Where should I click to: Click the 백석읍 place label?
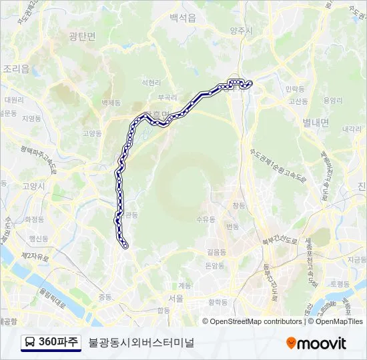click(x=182, y=18)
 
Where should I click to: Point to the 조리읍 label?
click(x=16, y=68)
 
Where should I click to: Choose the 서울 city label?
click(x=176, y=298)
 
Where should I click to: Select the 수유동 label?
click(x=206, y=219)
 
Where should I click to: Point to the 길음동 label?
click(x=216, y=252)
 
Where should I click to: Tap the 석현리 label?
click(x=151, y=83)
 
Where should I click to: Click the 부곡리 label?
click(x=158, y=97)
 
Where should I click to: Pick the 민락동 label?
click(x=294, y=88)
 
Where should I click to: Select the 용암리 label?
click(x=332, y=100)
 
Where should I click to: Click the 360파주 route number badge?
click(x=59, y=343)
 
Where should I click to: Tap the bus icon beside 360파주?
click(x=30, y=343)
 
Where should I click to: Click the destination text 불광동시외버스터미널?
click(x=141, y=343)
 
